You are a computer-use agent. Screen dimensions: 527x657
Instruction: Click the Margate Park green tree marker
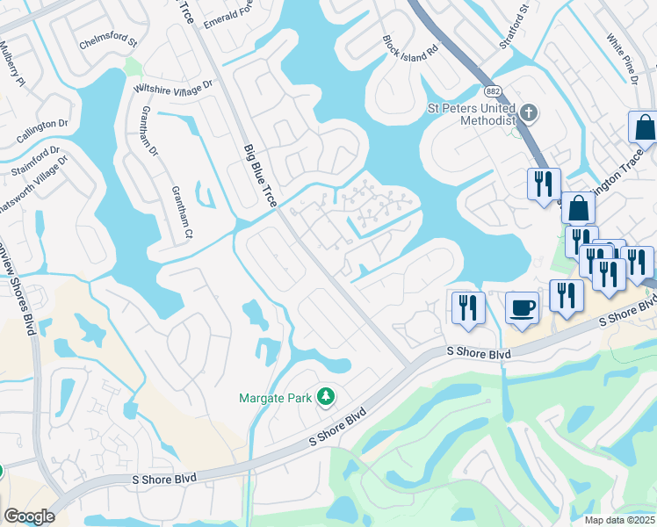coord(326,397)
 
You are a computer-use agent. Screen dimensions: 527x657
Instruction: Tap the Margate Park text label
coord(276,398)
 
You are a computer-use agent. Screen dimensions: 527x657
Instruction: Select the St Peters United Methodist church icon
coord(528,112)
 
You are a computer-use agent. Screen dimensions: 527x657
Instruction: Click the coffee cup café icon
coord(523,308)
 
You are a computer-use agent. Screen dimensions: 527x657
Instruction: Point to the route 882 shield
coord(492,91)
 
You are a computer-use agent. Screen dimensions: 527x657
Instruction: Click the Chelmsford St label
coord(110,41)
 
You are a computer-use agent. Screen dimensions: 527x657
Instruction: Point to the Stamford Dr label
coord(36,162)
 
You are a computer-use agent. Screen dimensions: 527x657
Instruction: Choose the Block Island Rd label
coord(409,48)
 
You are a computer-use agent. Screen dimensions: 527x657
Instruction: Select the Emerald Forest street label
coord(232,13)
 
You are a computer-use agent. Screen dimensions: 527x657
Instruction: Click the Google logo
coord(29,517)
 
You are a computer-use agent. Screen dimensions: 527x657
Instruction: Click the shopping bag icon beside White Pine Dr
coord(644,127)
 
